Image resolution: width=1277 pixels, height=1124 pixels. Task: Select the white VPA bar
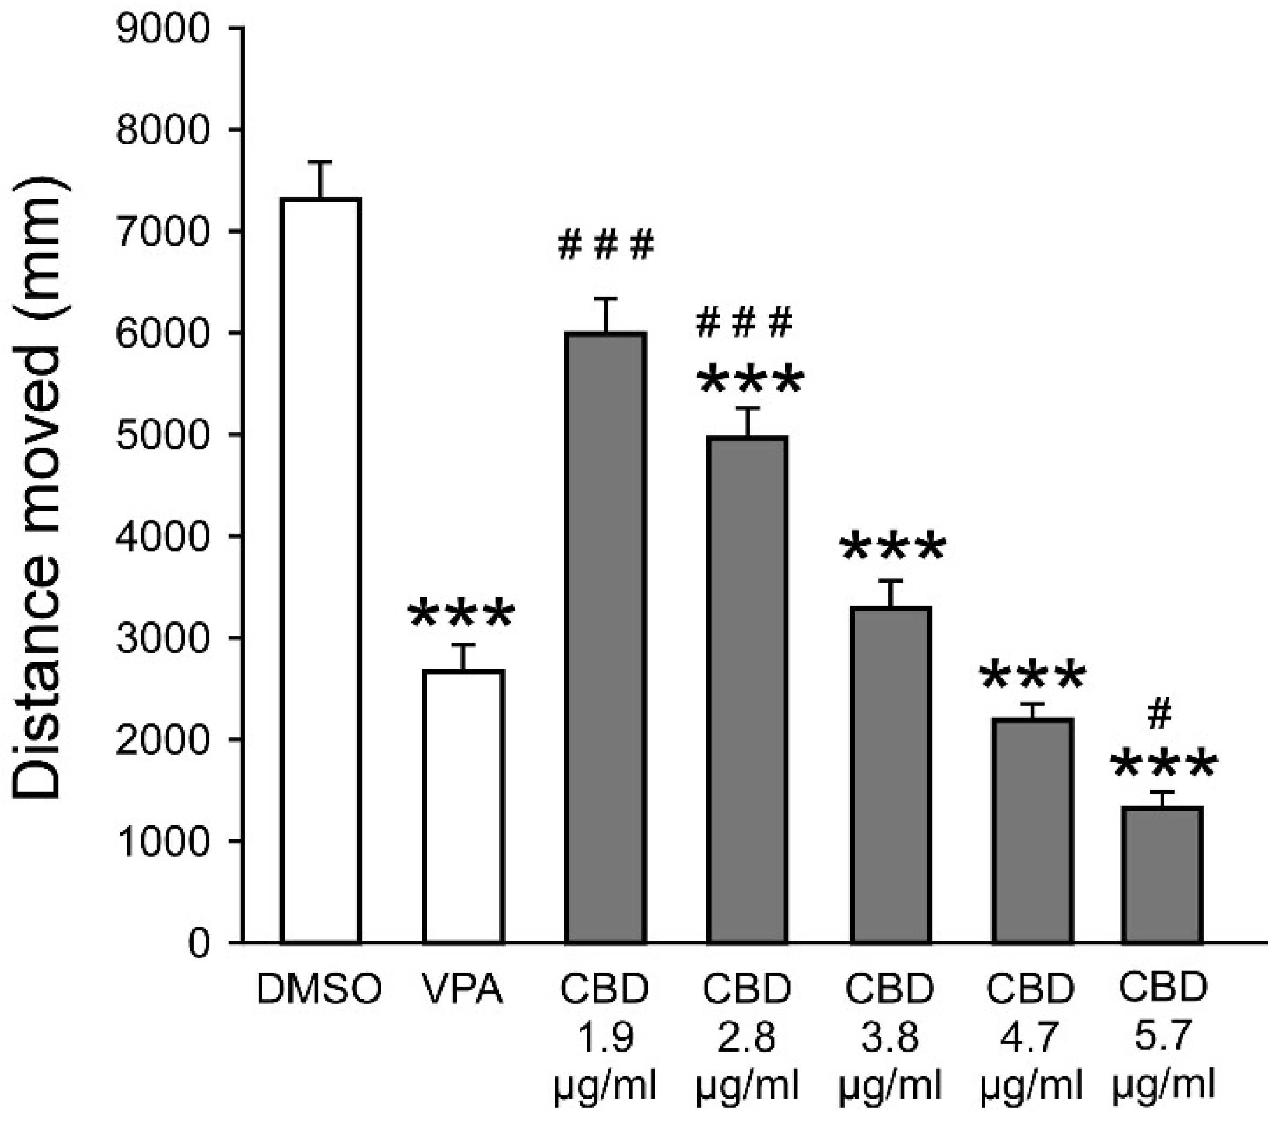tap(463, 805)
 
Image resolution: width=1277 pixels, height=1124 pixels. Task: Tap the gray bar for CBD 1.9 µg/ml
tap(605, 637)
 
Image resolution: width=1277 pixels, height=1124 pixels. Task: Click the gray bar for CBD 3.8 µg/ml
tap(891, 775)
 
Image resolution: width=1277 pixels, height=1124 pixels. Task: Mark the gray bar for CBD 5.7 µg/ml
tap(1162, 874)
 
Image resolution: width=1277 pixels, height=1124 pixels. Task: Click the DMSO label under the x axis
tap(319, 990)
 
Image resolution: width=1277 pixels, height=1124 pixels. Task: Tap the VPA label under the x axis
tap(463, 990)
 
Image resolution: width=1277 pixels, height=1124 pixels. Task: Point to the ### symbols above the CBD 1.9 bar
tap(605, 245)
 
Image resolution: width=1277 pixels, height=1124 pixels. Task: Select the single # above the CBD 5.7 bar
tap(1160, 716)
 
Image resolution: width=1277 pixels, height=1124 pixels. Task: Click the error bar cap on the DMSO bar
tap(320, 162)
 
